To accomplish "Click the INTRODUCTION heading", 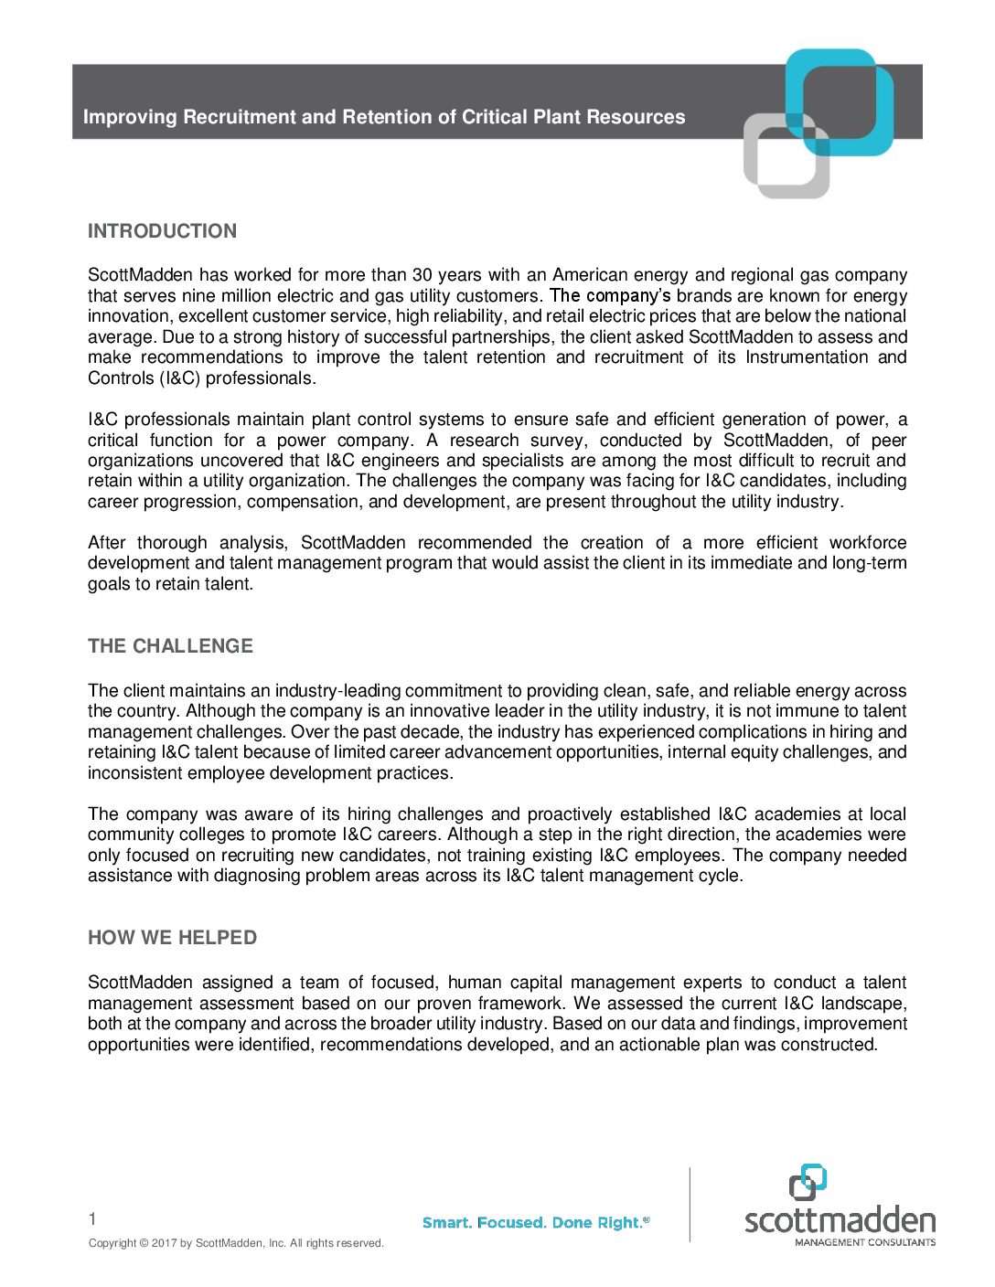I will (162, 231).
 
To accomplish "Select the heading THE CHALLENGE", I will (170, 646).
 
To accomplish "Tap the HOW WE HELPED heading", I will (172, 938).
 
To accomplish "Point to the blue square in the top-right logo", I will (840, 101).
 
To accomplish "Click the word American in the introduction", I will (590, 275).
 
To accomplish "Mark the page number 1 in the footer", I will (92, 1218).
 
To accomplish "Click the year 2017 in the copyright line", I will (164, 1243).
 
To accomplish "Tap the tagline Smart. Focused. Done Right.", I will (536, 1223).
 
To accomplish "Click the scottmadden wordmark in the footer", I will (840, 1220).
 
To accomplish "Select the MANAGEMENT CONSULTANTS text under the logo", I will (864, 1242).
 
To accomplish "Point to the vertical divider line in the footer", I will (690, 1204).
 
